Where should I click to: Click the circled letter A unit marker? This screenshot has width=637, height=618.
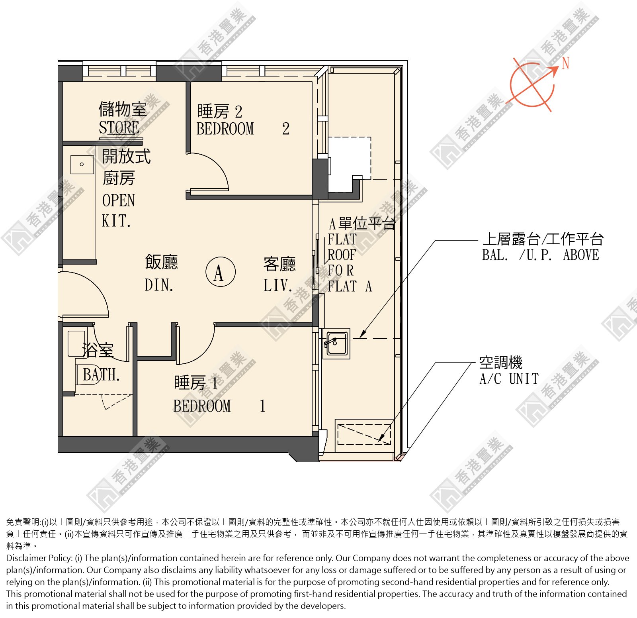point(221,272)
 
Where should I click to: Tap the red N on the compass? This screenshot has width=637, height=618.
point(565,63)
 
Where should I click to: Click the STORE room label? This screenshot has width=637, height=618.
point(119,128)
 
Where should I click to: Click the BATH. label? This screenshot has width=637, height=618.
point(101,375)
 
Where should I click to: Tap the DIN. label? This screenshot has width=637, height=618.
point(159,285)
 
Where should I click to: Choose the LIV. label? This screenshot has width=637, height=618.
point(277,285)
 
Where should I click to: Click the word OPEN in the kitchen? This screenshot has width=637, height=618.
point(119,200)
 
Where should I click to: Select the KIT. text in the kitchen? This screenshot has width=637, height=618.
point(116,221)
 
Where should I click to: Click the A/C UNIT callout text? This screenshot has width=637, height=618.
point(509,379)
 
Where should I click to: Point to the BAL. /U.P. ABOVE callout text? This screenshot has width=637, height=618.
point(541,255)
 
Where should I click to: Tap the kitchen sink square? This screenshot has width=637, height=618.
point(82,164)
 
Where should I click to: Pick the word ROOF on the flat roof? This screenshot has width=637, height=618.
point(342,255)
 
